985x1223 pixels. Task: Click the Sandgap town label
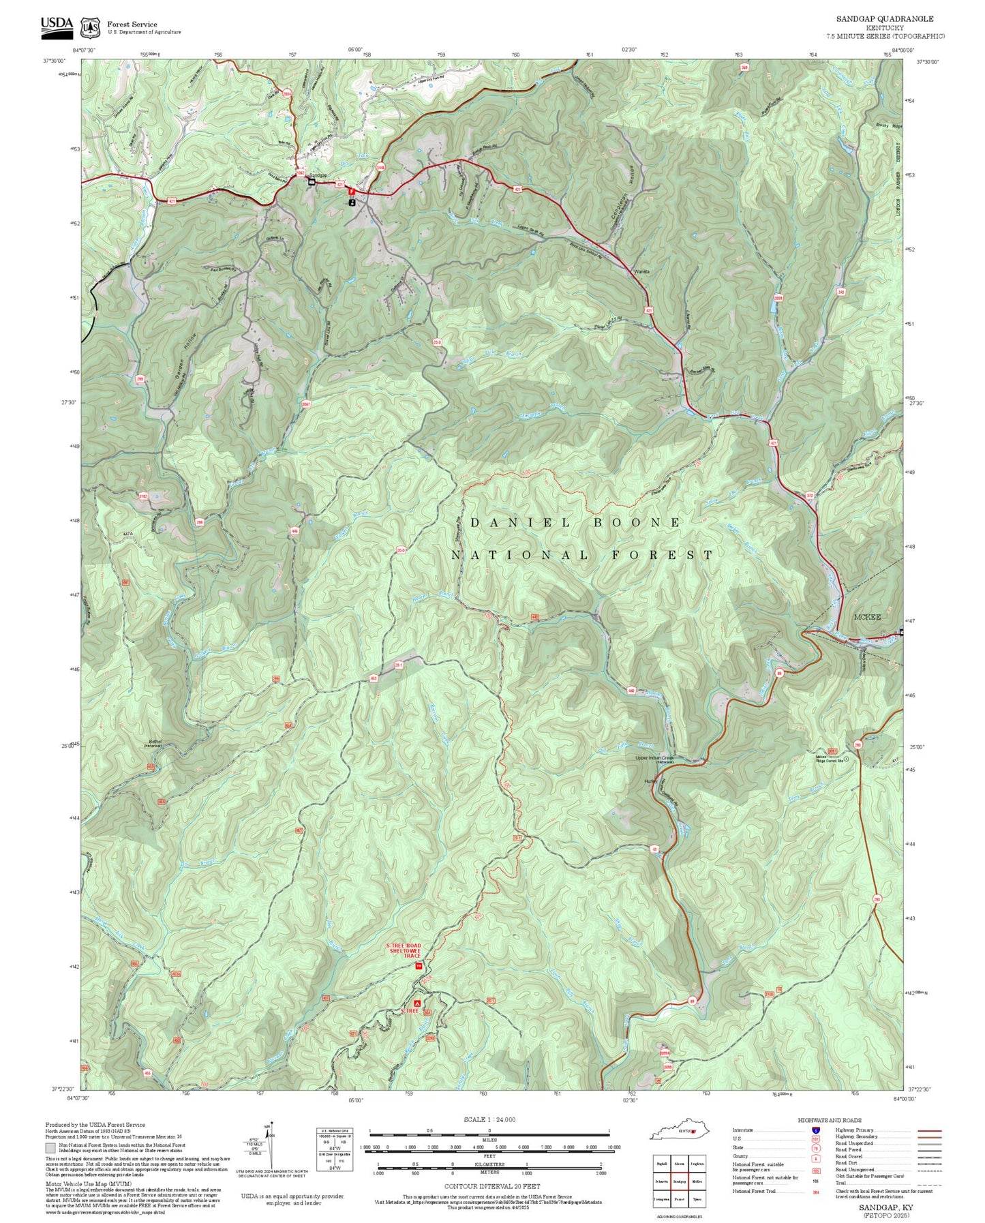[x=318, y=175]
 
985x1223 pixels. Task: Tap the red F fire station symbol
[x=351, y=192]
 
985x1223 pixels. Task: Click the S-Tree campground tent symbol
[x=417, y=1003]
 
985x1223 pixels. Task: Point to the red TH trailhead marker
[x=419, y=966]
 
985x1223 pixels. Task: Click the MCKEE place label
[x=867, y=617]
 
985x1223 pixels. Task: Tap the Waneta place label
[x=641, y=271]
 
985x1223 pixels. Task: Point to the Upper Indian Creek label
[x=654, y=758]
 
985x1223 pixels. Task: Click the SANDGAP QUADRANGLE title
[x=885, y=19]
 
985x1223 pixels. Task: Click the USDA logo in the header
[x=57, y=25]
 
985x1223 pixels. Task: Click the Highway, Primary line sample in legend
[x=929, y=1130]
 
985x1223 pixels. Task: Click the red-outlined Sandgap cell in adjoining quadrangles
[x=679, y=1181]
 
